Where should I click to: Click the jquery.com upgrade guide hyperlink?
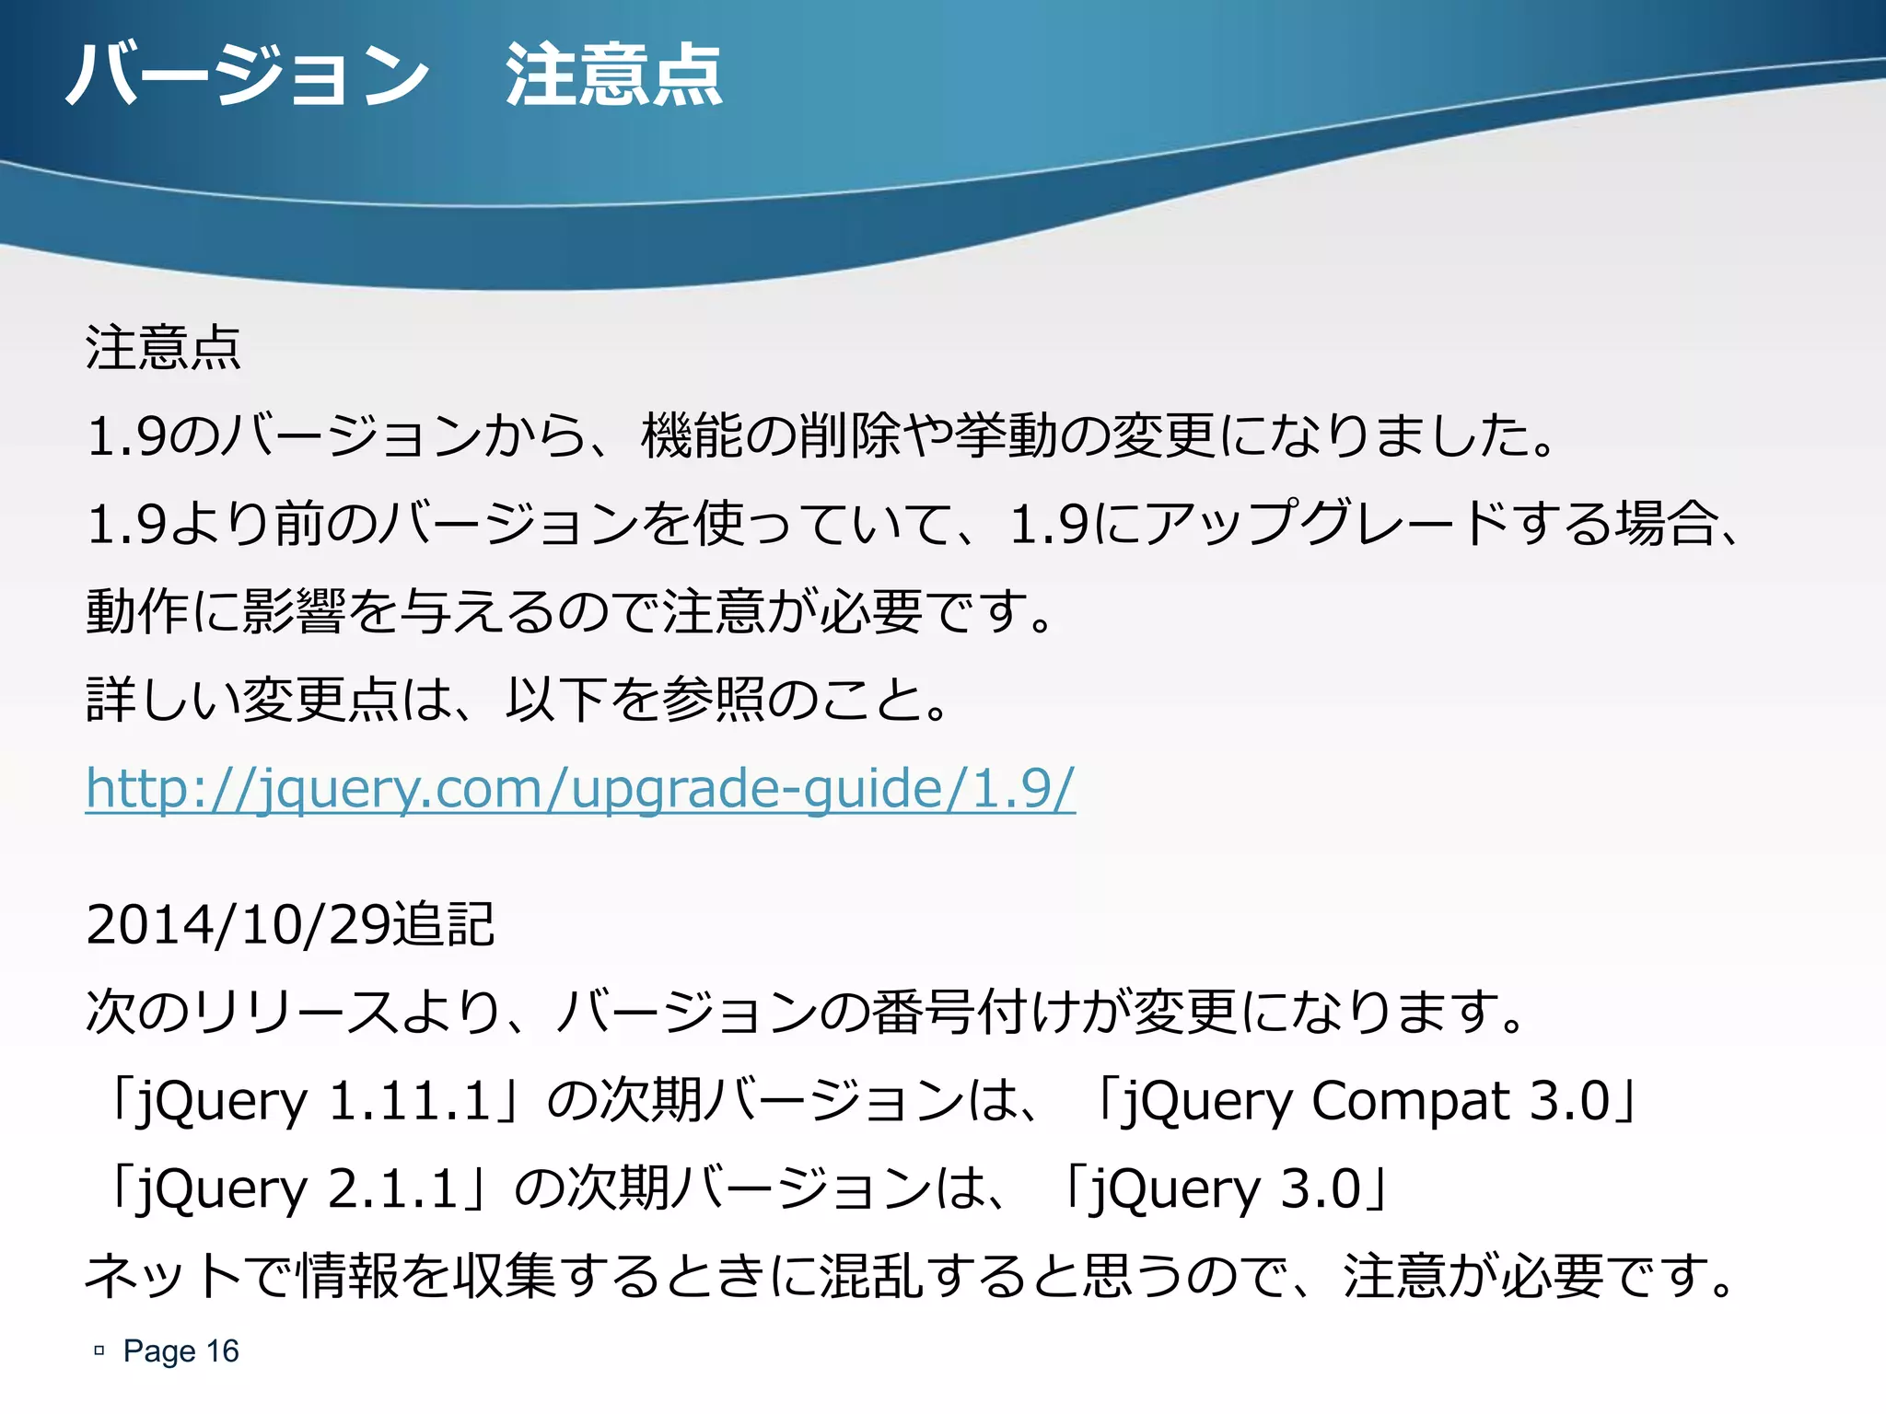(x=580, y=788)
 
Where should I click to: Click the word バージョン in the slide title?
(x=247, y=75)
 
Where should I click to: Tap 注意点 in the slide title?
(x=613, y=75)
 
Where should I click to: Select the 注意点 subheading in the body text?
(x=163, y=348)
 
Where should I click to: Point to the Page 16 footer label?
(x=180, y=1350)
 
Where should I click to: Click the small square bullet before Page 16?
(x=99, y=1350)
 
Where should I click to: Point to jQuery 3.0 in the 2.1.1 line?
(x=1225, y=1188)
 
